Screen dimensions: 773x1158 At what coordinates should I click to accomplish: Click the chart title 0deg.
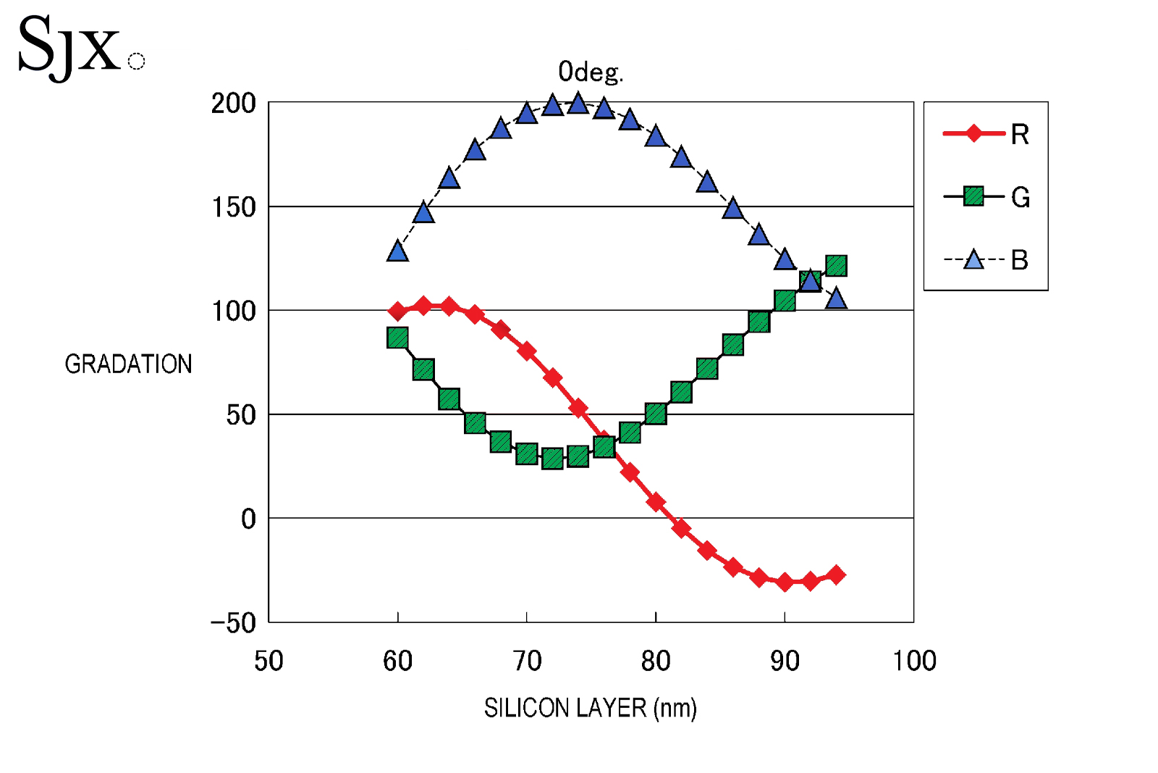point(590,72)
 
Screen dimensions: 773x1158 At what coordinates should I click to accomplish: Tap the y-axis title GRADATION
point(128,364)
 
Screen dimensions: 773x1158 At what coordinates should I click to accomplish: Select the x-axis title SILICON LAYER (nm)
point(590,708)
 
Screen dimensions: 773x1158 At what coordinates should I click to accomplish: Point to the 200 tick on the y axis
point(233,104)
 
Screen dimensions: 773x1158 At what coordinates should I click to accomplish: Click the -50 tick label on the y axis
point(233,623)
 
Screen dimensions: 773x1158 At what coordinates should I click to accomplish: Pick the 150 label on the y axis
point(233,208)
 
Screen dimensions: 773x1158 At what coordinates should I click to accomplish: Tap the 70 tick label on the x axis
point(527,661)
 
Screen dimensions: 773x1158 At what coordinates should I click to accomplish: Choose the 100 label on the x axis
point(914,661)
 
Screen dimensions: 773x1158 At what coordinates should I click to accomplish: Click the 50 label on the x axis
point(269,661)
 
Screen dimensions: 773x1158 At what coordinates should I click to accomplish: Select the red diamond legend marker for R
point(973,133)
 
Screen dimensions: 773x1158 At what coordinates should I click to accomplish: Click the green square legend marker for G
point(973,196)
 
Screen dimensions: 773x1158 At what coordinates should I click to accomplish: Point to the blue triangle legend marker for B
point(973,259)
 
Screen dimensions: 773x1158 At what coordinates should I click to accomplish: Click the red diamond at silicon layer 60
point(397,312)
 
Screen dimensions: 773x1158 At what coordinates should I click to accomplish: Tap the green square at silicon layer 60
point(397,338)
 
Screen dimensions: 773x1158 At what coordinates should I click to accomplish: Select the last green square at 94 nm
point(836,266)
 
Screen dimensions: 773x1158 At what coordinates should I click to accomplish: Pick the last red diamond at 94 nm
point(836,574)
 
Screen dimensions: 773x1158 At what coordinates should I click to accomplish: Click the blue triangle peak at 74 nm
point(578,104)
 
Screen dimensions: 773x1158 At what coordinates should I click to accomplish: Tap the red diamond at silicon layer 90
point(785,582)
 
